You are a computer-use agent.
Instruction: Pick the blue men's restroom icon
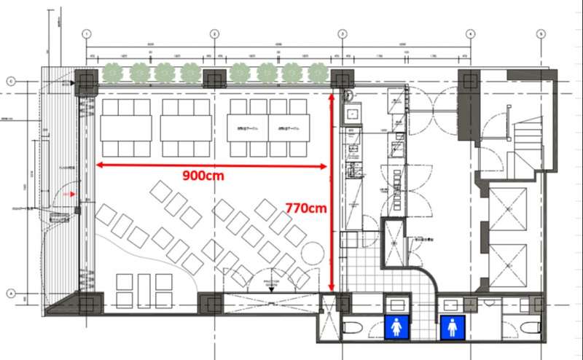[452, 327]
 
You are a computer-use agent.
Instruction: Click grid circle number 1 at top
[86, 34]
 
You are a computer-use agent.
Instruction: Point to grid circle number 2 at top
[214, 34]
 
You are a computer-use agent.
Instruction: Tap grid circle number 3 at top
[342, 34]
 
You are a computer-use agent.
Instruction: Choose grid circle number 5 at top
[541, 34]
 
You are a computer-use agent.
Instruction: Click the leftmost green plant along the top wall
[111, 72]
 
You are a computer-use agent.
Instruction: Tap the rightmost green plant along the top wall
[317, 72]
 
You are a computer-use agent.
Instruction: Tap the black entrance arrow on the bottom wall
[271, 289]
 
